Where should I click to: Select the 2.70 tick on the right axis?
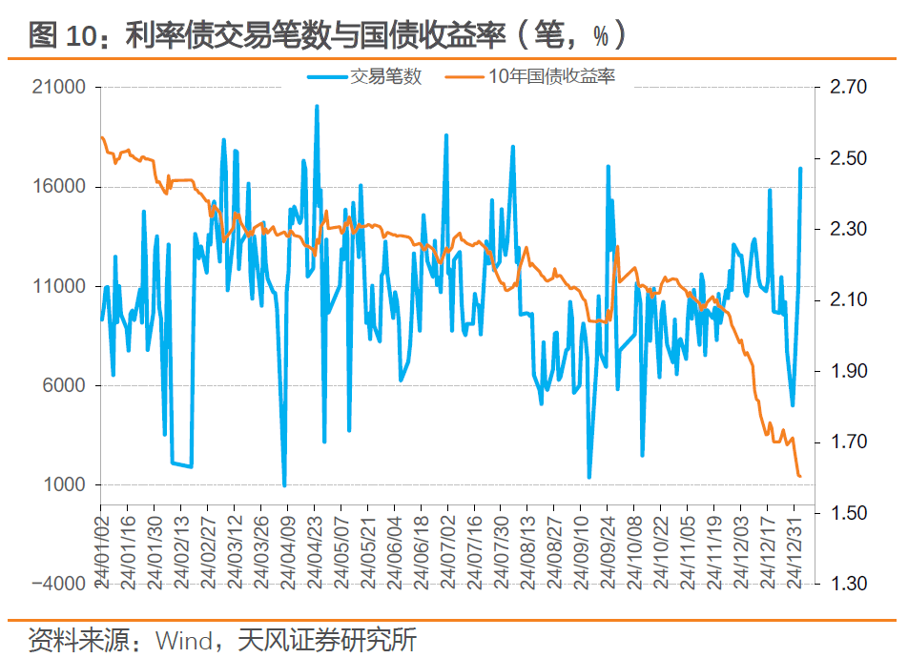[848, 88]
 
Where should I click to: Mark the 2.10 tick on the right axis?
[848, 300]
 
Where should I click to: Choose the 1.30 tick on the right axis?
[848, 585]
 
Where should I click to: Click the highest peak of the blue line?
[317, 106]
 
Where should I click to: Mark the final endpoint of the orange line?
[799, 476]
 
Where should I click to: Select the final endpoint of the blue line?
[801, 169]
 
